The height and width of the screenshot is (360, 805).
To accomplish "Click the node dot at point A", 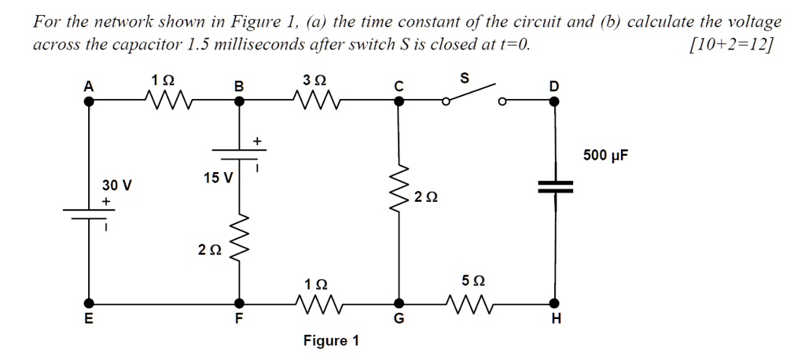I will (x=90, y=101).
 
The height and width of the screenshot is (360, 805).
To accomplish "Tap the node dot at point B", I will (x=240, y=101).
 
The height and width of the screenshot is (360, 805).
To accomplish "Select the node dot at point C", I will (x=399, y=101).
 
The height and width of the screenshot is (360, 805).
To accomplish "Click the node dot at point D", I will (x=555, y=101).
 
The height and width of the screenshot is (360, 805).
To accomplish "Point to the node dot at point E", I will (x=90, y=303).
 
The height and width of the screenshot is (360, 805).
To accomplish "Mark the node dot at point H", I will (x=555, y=303).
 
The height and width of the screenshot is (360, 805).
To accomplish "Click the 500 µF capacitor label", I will (x=605, y=156).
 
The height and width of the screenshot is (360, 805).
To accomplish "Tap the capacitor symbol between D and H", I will (x=555, y=186).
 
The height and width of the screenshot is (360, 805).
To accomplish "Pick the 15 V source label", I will (x=217, y=178).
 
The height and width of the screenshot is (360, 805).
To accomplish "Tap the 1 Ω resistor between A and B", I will (x=167, y=101).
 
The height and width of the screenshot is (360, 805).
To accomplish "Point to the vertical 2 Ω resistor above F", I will (x=240, y=244).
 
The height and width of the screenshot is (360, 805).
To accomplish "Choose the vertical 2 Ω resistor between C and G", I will (x=399, y=193).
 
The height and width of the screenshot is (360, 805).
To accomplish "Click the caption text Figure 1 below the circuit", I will (x=331, y=340).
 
